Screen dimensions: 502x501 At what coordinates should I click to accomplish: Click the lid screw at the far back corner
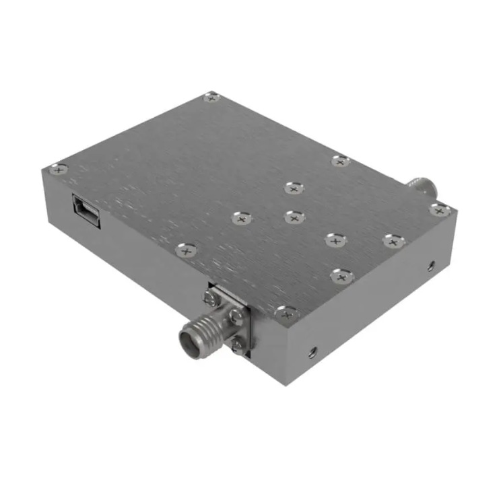pos(212,98)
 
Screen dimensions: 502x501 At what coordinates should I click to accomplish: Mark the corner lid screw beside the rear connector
pos(439,210)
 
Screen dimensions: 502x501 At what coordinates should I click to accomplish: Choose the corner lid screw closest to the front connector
pos(286,313)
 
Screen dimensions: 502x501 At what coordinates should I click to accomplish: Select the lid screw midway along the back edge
pos(341,161)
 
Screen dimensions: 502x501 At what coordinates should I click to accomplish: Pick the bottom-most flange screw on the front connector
pos(237,345)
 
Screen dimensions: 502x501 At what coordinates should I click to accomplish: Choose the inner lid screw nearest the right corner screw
pos(393,240)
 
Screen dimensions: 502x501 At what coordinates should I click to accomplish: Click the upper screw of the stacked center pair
pos(293,188)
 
